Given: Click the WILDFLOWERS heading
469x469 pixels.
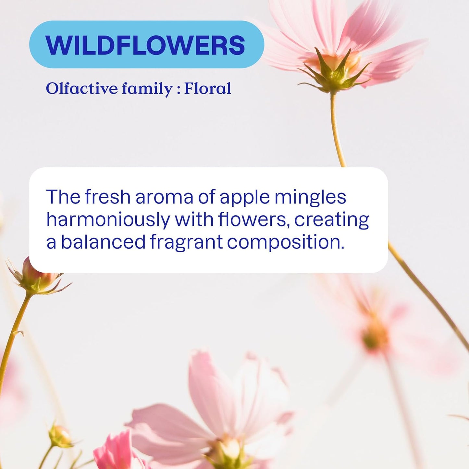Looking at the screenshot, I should pyautogui.click(x=146, y=45).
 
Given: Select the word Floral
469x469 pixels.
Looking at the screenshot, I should pyautogui.click(x=208, y=89).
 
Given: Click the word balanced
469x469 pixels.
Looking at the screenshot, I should pyautogui.click(x=103, y=242).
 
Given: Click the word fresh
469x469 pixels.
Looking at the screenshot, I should pyautogui.click(x=107, y=197).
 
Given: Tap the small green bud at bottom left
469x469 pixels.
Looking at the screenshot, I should pyautogui.click(x=60, y=437).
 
